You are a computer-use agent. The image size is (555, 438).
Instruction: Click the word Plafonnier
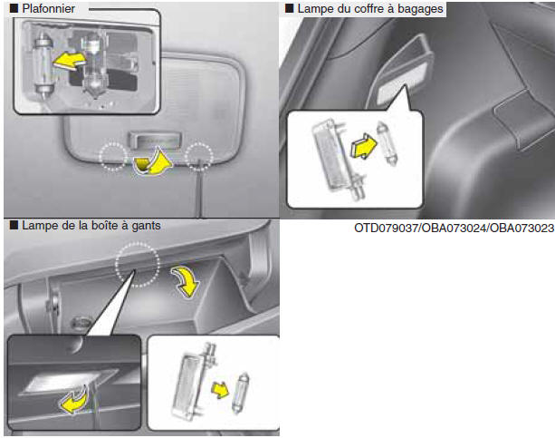49,8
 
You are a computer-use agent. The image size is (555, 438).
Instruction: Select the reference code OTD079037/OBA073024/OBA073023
455,228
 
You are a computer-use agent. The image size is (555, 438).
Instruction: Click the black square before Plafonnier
14,8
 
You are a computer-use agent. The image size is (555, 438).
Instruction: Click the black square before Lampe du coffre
290,8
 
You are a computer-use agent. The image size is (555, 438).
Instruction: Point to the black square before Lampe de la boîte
14,225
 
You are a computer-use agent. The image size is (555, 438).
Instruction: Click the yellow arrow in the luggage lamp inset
364,146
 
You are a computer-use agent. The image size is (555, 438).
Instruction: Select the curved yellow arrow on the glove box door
187,282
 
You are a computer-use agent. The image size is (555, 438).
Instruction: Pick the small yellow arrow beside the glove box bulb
220,390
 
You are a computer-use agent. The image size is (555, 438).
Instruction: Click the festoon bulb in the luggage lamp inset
387,143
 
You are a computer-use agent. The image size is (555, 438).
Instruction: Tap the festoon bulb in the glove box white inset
241,393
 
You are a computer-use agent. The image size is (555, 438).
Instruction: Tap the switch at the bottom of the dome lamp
156,140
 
